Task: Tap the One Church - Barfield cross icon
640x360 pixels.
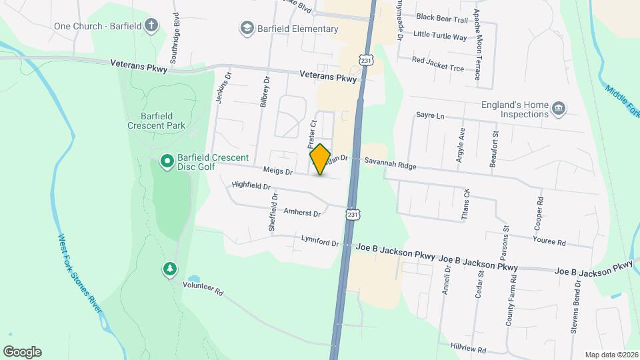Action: click(x=151, y=26)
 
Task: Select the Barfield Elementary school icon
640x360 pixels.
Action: click(x=247, y=29)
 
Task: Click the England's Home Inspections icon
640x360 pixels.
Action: click(x=559, y=109)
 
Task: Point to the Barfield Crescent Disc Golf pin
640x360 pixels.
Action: click(x=167, y=161)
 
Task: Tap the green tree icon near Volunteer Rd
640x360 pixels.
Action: click(x=169, y=269)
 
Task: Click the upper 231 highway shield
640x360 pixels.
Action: click(x=366, y=60)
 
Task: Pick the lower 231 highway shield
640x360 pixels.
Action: click(x=353, y=215)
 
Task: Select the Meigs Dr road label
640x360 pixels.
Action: click(x=278, y=171)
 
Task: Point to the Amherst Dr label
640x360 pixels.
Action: click(x=303, y=213)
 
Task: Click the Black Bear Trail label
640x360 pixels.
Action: click(x=442, y=19)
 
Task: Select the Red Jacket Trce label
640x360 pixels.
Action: click(x=437, y=60)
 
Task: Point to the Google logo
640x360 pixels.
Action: click(x=22, y=352)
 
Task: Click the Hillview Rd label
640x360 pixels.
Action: click(x=468, y=349)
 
